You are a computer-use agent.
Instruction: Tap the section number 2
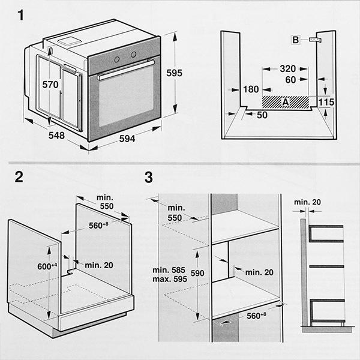[x=19, y=177]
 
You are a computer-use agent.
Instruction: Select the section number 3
[x=149, y=178]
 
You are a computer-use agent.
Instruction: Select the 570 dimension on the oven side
[x=50, y=85]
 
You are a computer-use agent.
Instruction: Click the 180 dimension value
[x=251, y=90]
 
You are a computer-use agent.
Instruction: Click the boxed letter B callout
[x=295, y=40]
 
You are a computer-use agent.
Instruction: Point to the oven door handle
[x=126, y=69]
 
